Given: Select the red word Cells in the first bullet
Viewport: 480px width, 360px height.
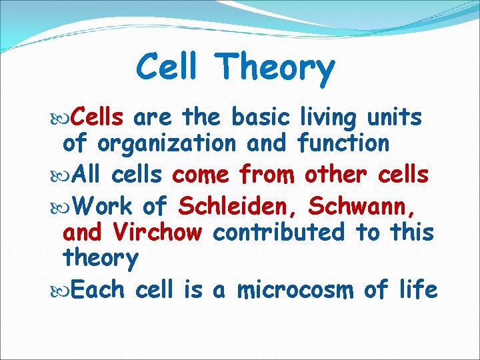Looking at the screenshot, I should (x=97, y=117).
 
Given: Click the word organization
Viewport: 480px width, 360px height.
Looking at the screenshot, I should (x=166, y=143).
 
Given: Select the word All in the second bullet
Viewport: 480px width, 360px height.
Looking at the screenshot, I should (x=87, y=175).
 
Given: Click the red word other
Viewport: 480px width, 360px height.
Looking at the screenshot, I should (x=333, y=175).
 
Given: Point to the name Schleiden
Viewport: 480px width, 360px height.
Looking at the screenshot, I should (x=240, y=207).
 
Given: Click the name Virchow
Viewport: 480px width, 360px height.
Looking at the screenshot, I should (x=157, y=232).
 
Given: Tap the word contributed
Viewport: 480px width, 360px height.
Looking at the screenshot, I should (x=279, y=232).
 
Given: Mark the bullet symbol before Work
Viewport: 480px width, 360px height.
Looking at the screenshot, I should (x=64, y=207).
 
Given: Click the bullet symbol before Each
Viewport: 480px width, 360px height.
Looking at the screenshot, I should (x=64, y=290).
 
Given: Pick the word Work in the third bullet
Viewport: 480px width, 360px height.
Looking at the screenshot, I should (x=103, y=207).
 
